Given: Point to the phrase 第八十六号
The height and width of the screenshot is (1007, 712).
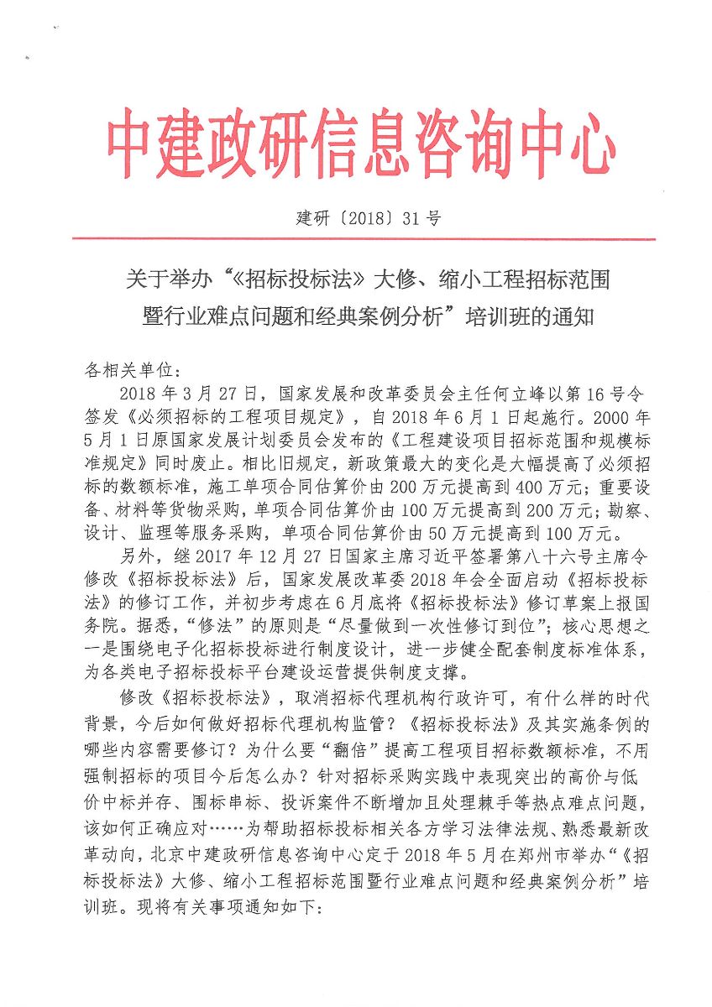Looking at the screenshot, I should coord(536,555).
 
